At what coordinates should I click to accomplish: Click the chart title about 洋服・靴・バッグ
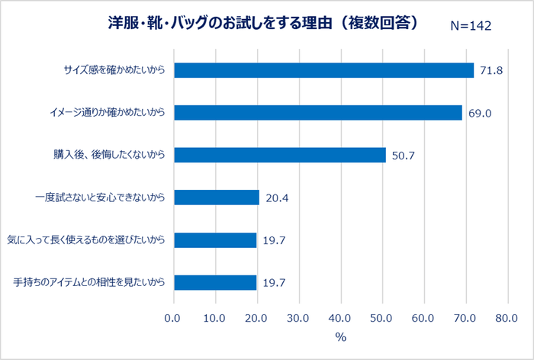pos(264,24)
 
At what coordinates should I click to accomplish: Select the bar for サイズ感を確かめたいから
pos(324,70)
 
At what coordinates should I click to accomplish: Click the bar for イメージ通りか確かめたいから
pos(318,113)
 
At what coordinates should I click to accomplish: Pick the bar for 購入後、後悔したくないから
pos(280,156)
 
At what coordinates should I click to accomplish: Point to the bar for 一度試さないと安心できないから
pos(217,198)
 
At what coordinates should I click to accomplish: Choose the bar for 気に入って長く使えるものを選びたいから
pos(215,240)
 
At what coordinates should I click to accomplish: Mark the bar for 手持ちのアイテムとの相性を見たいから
pos(215,283)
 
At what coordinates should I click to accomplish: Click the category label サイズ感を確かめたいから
pos(114,71)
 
